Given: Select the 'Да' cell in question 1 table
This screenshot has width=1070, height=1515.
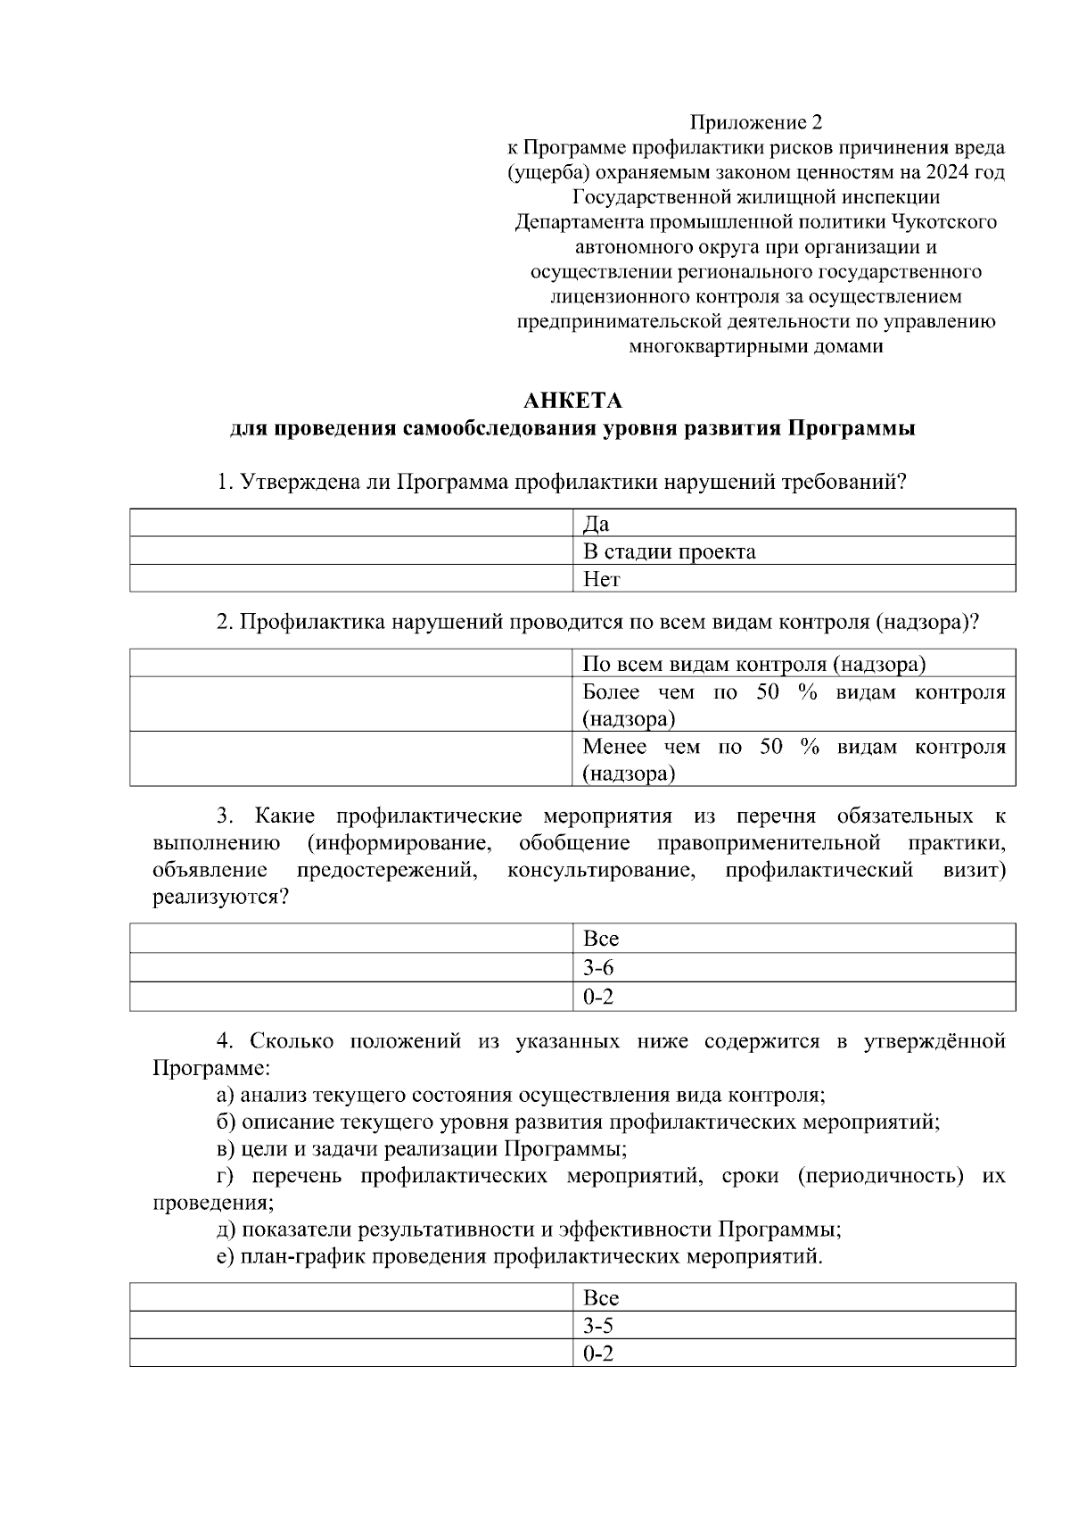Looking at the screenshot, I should (x=793, y=524).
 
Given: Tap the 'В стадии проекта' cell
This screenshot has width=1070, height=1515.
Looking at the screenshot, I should (x=793, y=551).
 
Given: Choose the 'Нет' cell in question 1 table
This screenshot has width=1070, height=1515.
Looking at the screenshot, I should (x=793, y=579).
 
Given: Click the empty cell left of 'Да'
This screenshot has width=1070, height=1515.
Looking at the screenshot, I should (x=352, y=524).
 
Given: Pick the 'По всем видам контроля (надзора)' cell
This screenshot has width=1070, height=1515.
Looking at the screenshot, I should (x=793, y=664).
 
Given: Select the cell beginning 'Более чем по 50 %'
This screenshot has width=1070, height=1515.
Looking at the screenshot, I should (x=793, y=705).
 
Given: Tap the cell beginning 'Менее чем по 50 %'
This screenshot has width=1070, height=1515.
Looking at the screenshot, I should (x=793, y=759).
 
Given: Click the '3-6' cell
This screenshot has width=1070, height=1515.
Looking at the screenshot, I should (x=793, y=967).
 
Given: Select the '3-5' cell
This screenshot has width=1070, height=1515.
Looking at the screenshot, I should (x=793, y=1326).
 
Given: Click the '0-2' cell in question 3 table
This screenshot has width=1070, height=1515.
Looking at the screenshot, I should (x=793, y=996).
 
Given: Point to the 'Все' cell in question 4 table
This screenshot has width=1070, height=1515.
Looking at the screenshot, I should (x=793, y=1297).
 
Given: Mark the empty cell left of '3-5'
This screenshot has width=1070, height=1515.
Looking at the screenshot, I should (x=352, y=1326).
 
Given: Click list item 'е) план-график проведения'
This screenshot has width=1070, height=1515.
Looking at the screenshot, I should (x=519, y=1257).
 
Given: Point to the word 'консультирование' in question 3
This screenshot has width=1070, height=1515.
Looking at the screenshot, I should (x=601, y=870).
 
